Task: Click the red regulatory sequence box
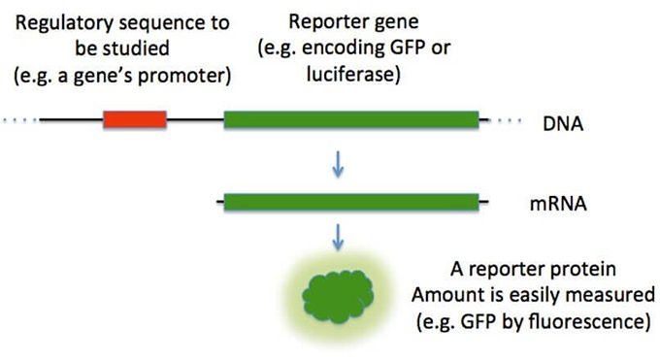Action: point(135,119)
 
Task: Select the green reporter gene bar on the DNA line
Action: point(351,119)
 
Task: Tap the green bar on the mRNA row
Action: point(351,202)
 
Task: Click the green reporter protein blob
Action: point(338,296)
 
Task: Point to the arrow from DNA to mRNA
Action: point(338,166)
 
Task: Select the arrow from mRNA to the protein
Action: point(338,238)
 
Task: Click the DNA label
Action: point(563,124)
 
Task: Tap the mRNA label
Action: point(558,204)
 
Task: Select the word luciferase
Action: point(352,75)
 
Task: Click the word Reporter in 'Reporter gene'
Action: point(320,22)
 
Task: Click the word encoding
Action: point(343,49)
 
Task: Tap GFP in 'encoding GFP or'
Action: point(407,48)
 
